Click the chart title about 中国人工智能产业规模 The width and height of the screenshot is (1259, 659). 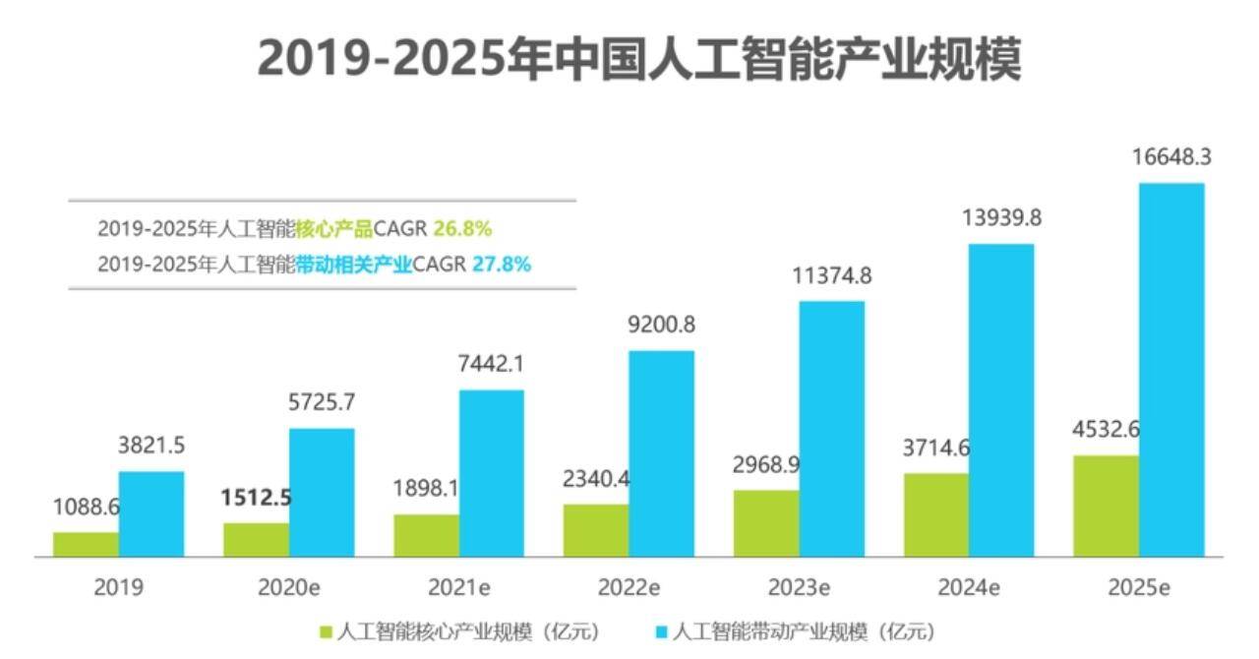(639, 59)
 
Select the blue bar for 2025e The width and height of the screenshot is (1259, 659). (1171, 370)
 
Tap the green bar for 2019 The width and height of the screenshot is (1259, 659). (86, 545)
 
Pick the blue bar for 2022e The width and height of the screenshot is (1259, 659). (661, 453)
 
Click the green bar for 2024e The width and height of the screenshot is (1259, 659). (936, 514)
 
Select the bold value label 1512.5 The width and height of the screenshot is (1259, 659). (256, 498)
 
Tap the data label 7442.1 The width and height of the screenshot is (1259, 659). (492, 364)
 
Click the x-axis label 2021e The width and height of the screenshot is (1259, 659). (459, 587)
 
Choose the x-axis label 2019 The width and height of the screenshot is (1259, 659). (118, 587)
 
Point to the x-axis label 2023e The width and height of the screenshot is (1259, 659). (799, 587)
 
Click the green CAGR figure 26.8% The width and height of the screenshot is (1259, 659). (462, 229)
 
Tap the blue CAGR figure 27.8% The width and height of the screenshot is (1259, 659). (502, 265)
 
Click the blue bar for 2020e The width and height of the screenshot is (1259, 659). (322, 492)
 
